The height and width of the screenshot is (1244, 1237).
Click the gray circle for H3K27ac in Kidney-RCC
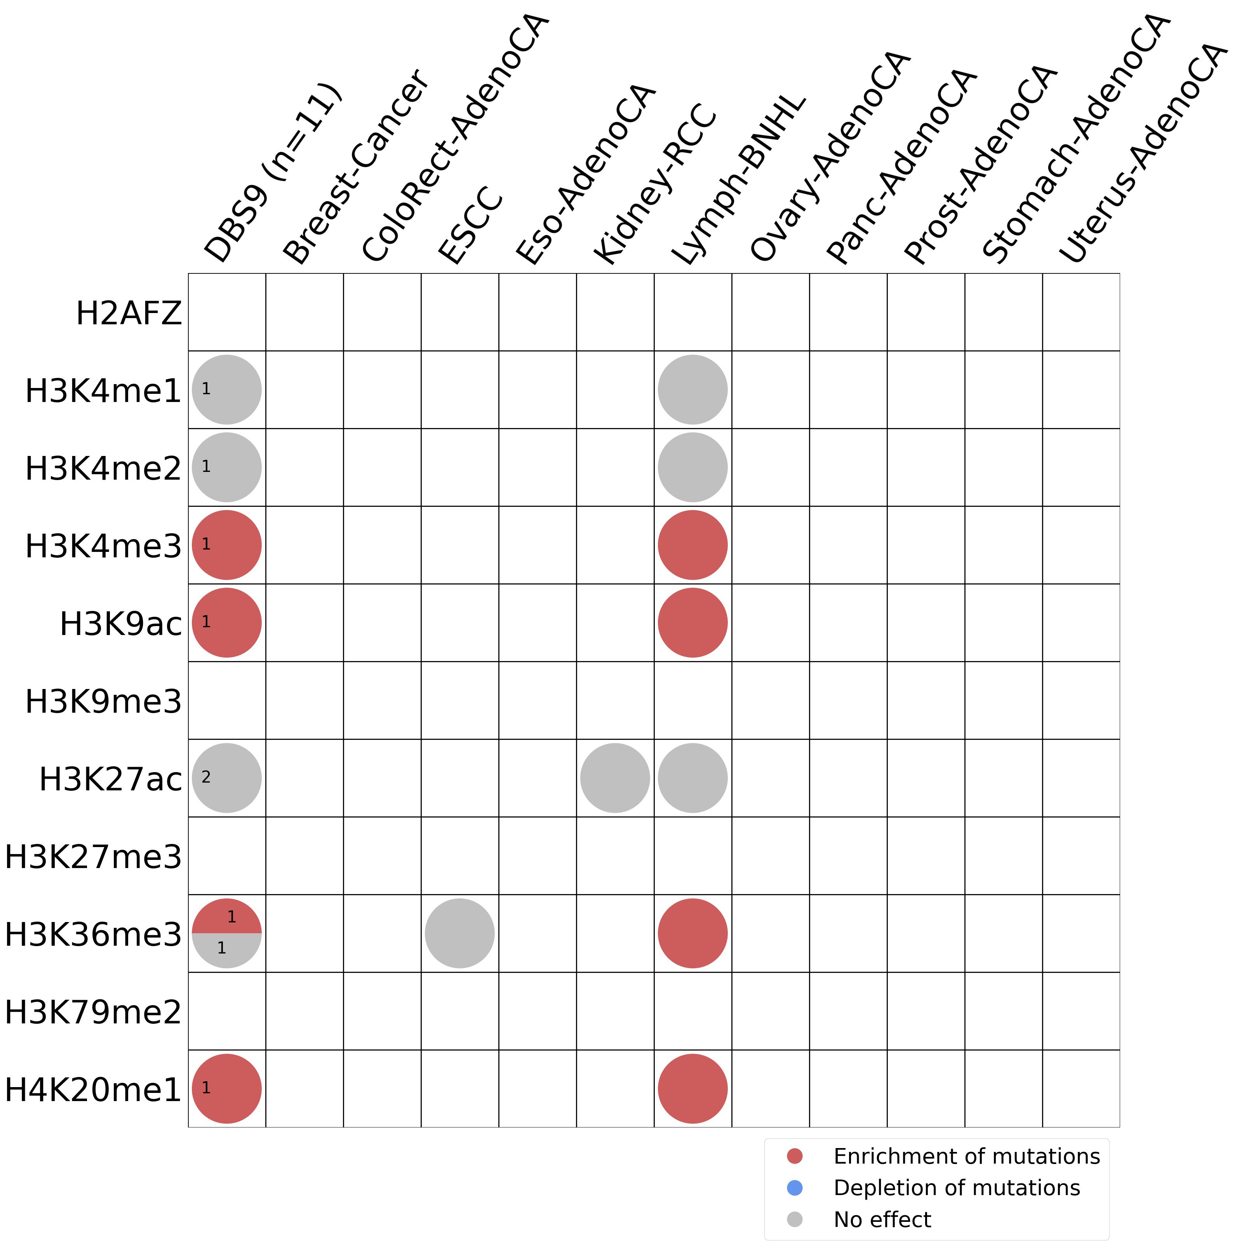tap(615, 778)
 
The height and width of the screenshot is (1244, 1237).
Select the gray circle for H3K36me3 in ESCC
tap(460, 933)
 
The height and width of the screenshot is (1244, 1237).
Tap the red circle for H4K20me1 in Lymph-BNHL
tap(693, 1088)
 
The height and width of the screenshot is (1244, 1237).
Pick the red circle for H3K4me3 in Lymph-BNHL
tap(693, 545)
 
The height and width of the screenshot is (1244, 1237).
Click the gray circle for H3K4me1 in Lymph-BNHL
tap(693, 390)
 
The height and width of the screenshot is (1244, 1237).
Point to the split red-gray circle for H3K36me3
tap(227, 933)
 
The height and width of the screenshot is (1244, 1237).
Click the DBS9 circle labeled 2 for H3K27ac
tap(227, 778)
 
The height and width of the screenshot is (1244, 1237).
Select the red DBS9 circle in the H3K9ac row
tap(227, 623)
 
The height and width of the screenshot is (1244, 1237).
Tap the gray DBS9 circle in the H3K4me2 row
tap(227, 468)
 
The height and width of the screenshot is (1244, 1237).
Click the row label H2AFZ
tap(129, 313)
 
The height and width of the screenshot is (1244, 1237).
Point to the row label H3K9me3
tap(103, 701)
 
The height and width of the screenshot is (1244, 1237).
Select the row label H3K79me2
tap(93, 1012)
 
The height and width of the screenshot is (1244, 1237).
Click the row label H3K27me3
tap(93, 856)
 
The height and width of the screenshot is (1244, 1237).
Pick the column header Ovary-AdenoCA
tap(831, 158)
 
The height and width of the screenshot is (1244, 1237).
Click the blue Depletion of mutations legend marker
tap(795, 1187)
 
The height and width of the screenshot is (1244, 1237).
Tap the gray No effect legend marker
tap(795, 1219)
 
